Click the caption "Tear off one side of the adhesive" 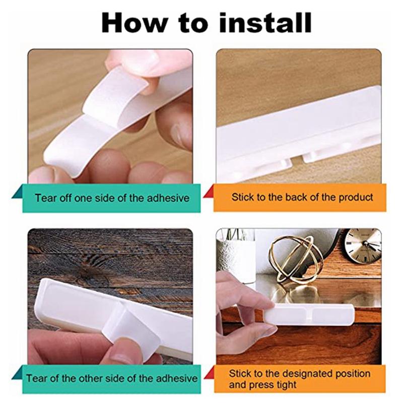pos(112,197)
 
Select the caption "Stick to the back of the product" pos(302,197)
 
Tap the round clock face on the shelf pos(362,246)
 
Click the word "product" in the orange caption pos(356,197)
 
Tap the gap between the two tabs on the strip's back pos(298,161)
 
